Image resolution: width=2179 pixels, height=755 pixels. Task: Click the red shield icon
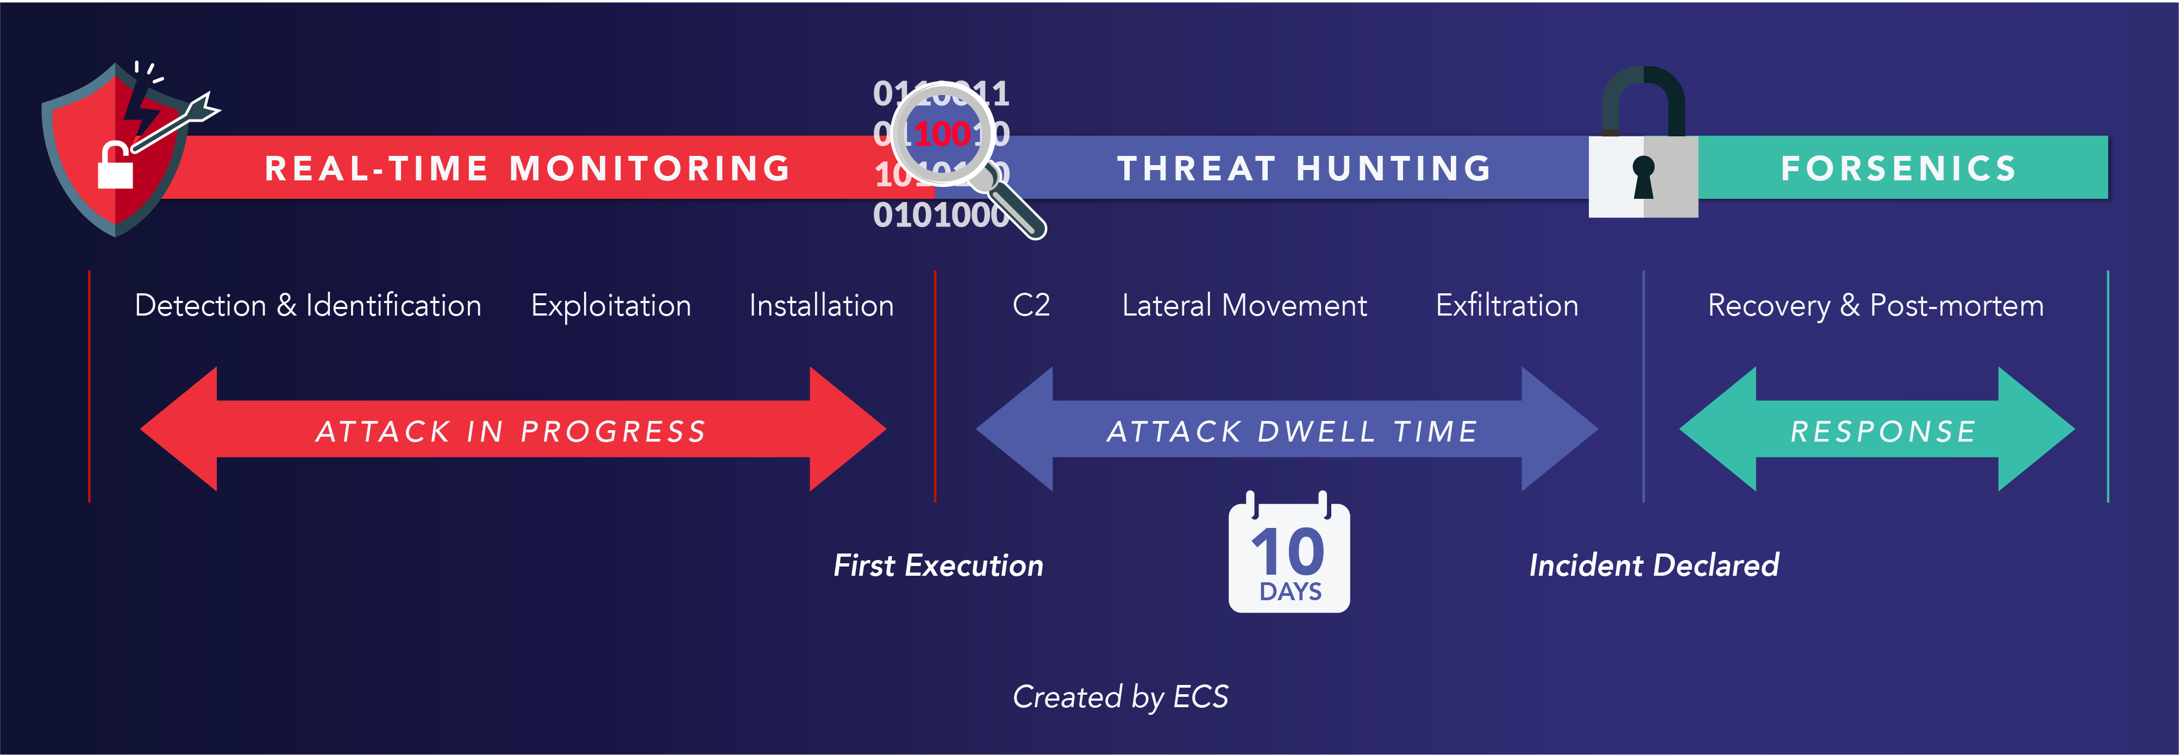[x=114, y=152]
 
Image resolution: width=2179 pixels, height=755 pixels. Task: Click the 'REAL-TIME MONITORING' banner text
[x=528, y=168]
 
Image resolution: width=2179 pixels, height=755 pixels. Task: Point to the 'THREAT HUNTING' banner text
[x=1304, y=168]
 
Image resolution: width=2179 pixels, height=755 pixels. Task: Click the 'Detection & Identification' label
[x=308, y=305]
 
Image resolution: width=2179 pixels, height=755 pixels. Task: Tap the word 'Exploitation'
[x=611, y=306]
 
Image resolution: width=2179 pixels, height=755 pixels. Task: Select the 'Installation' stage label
[x=822, y=305]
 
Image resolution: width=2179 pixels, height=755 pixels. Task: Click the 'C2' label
[x=1031, y=305]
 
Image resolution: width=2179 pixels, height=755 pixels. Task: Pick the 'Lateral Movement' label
[x=1244, y=305]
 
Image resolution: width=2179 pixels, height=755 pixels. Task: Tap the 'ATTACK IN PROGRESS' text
[x=511, y=431]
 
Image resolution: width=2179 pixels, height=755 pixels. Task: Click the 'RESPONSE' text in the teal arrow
[x=1883, y=431]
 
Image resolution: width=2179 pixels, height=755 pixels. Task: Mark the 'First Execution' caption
[x=938, y=565]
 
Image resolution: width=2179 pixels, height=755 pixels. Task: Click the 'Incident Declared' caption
[x=1654, y=565]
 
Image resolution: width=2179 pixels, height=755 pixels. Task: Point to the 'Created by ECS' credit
[x=1120, y=697]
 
